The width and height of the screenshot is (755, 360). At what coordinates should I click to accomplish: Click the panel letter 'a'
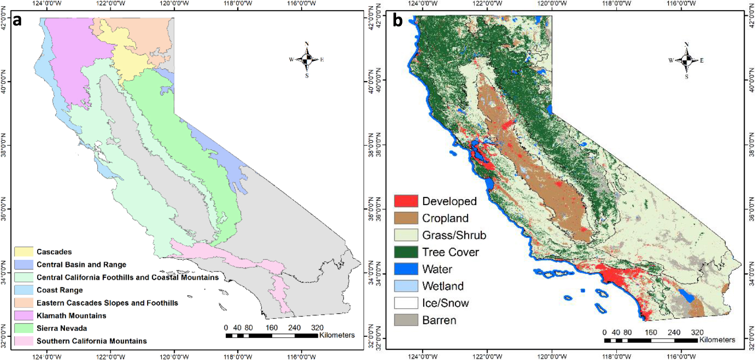coord(17,21)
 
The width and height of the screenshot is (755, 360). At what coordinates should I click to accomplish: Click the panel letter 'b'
coord(397,20)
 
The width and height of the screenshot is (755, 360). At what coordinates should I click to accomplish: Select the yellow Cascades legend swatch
coord(24,252)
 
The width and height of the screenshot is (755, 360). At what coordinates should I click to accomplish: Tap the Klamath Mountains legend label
coord(71,315)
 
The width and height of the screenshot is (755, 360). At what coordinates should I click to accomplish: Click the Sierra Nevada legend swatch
coord(24,328)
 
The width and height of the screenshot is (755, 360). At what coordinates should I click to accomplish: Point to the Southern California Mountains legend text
coord(91,341)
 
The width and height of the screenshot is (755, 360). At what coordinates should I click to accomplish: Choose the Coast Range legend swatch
coord(24,290)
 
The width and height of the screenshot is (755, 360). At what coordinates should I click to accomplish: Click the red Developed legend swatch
coord(406,201)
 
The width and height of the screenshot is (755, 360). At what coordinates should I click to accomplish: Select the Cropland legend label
coord(445,218)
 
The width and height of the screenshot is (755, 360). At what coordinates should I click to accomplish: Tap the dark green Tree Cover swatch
coord(406,252)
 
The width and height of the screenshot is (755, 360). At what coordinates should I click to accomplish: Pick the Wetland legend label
coord(442,286)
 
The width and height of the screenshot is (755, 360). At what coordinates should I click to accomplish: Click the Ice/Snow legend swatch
coord(406,303)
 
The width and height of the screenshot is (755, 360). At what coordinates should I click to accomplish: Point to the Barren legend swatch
coord(406,320)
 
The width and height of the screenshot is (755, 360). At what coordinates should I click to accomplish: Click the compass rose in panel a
coord(307,59)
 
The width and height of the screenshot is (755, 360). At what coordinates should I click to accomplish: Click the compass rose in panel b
coord(686,60)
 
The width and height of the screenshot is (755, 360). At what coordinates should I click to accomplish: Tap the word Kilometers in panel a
coord(337,335)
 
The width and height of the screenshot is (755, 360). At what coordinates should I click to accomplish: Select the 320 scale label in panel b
coord(697,332)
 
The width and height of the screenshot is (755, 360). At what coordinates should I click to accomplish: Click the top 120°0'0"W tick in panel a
coord(174,3)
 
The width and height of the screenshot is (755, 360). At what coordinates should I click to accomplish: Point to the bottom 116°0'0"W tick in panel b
coord(681,357)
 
